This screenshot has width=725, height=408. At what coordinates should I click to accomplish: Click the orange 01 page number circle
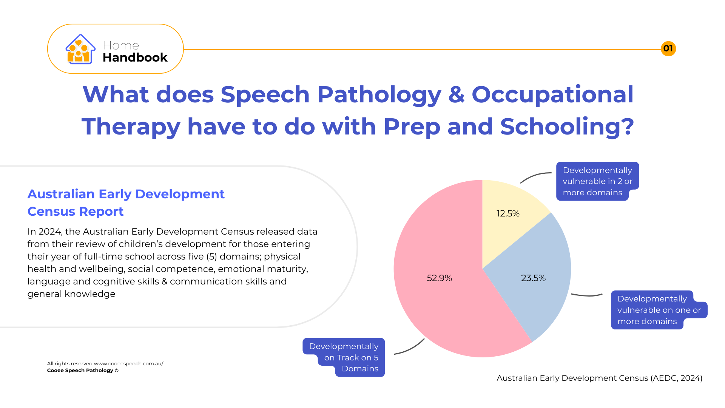[x=668, y=49]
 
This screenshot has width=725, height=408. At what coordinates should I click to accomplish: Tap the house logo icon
[x=80, y=49]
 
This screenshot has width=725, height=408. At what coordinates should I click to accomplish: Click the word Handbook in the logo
[x=135, y=57]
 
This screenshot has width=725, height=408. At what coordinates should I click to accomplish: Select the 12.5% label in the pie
[x=508, y=213]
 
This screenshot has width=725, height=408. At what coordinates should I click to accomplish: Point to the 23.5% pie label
[x=533, y=278]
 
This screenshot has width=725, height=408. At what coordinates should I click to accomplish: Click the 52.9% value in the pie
[x=439, y=278]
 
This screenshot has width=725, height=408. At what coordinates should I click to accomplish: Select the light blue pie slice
[x=536, y=280]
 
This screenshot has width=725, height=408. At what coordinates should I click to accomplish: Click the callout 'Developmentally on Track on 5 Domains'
[x=344, y=357]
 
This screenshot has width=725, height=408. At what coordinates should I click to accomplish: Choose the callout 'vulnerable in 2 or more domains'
[x=597, y=181]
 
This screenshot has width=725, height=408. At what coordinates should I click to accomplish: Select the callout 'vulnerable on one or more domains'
[x=659, y=310]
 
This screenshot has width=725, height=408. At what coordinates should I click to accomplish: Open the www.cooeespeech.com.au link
[x=128, y=363]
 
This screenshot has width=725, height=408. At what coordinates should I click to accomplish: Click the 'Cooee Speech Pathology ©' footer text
[x=83, y=370]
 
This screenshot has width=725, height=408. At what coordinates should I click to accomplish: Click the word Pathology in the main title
[x=379, y=94]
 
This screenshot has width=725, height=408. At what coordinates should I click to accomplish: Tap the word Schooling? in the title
[x=567, y=127]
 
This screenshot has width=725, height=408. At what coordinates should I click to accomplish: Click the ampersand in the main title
[x=457, y=94]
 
